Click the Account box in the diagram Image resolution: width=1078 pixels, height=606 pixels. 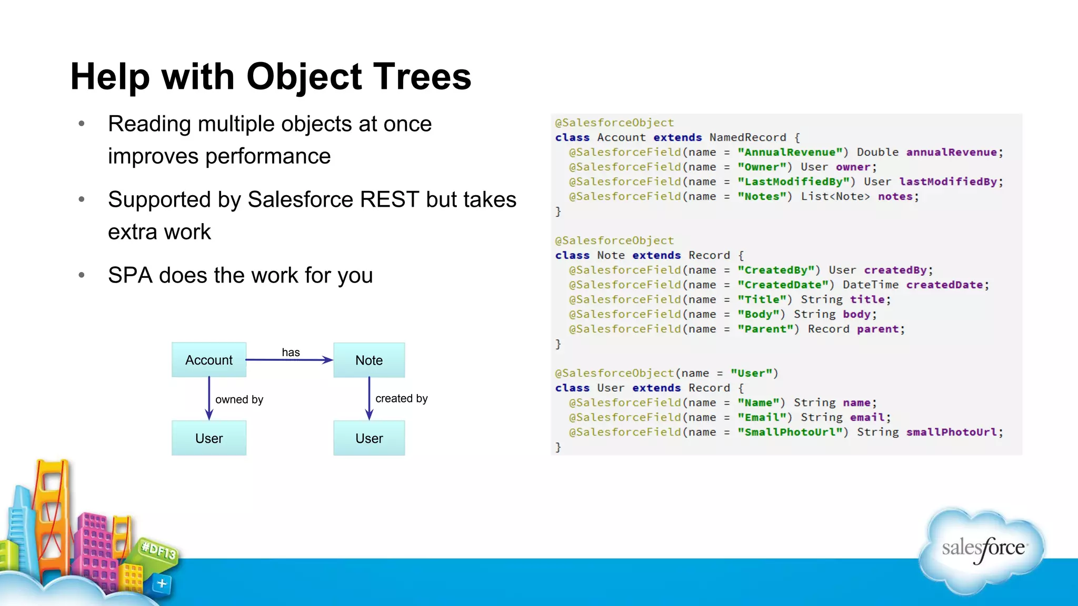coord(209,360)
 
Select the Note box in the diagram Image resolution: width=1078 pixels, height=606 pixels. coord(369,360)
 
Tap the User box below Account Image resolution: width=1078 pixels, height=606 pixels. coord(209,438)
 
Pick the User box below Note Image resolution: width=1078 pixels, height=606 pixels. coord(369,438)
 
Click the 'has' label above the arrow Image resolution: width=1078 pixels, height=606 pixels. coord(291,352)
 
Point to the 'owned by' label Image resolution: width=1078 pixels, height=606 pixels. coord(239,399)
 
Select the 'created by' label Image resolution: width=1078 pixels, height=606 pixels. coord(401,398)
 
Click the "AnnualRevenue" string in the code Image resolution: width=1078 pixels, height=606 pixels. coord(793,152)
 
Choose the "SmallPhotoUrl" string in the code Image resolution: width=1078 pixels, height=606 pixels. coord(793,432)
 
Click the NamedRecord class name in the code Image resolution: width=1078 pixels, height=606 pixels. coord(747,137)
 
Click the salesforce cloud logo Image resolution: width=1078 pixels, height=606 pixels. coord(982,550)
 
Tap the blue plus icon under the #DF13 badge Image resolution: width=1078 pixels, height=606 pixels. coord(162,583)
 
